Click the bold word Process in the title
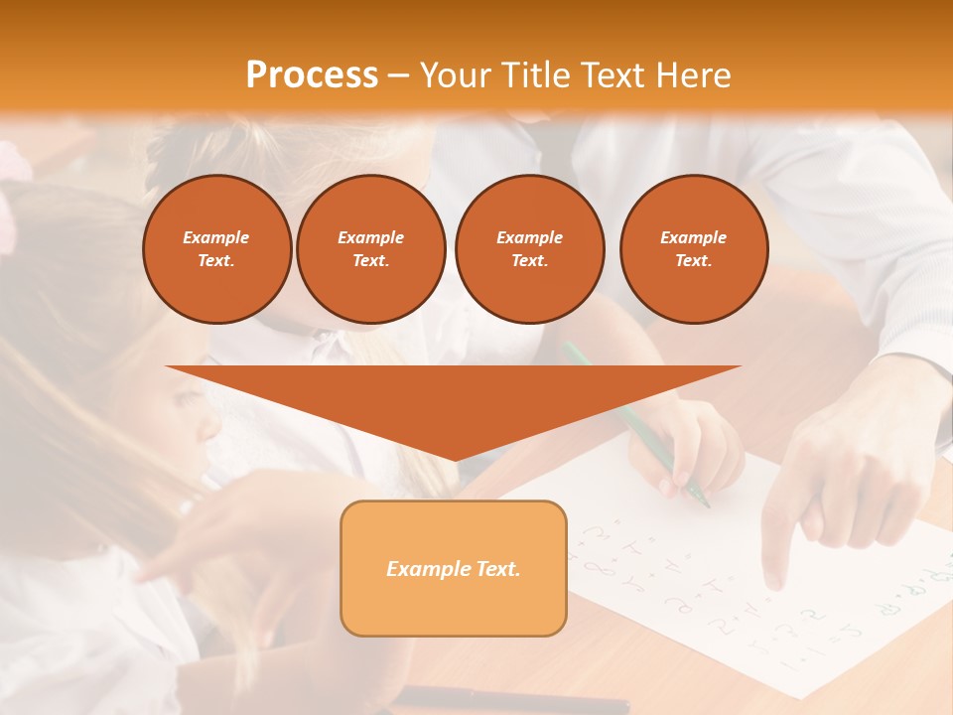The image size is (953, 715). point(312,75)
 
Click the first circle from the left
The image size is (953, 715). point(216,248)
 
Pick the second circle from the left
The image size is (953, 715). point(370,248)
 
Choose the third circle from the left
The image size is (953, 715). point(529,248)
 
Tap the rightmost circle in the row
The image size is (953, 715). point(693,248)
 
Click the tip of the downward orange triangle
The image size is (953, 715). point(455,459)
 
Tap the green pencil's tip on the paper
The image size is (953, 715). point(707,504)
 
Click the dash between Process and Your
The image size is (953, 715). point(399,75)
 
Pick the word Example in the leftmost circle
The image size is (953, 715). point(216,237)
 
